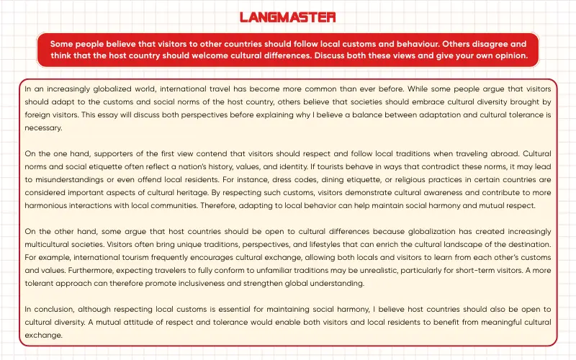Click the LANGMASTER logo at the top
point(287,17)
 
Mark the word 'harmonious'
point(48,206)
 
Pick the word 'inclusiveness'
point(183,284)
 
